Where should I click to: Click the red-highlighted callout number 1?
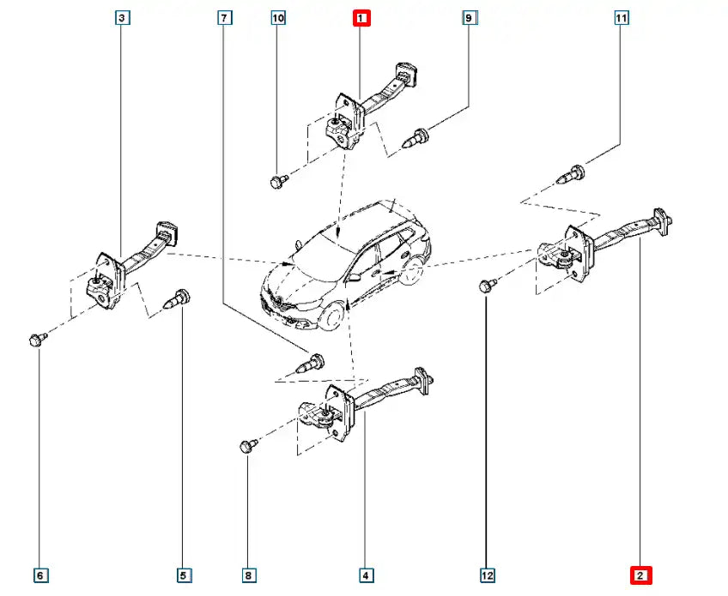(361, 17)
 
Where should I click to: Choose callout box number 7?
(224, 17)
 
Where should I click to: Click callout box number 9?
(469, 17)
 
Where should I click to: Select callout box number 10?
(277, 17)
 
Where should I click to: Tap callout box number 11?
(621, 17)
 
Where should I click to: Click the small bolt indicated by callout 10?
(277, 181)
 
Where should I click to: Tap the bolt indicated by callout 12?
(487, 285)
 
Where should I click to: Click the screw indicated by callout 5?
(178, 300)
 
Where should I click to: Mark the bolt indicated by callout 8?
(247, 446)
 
